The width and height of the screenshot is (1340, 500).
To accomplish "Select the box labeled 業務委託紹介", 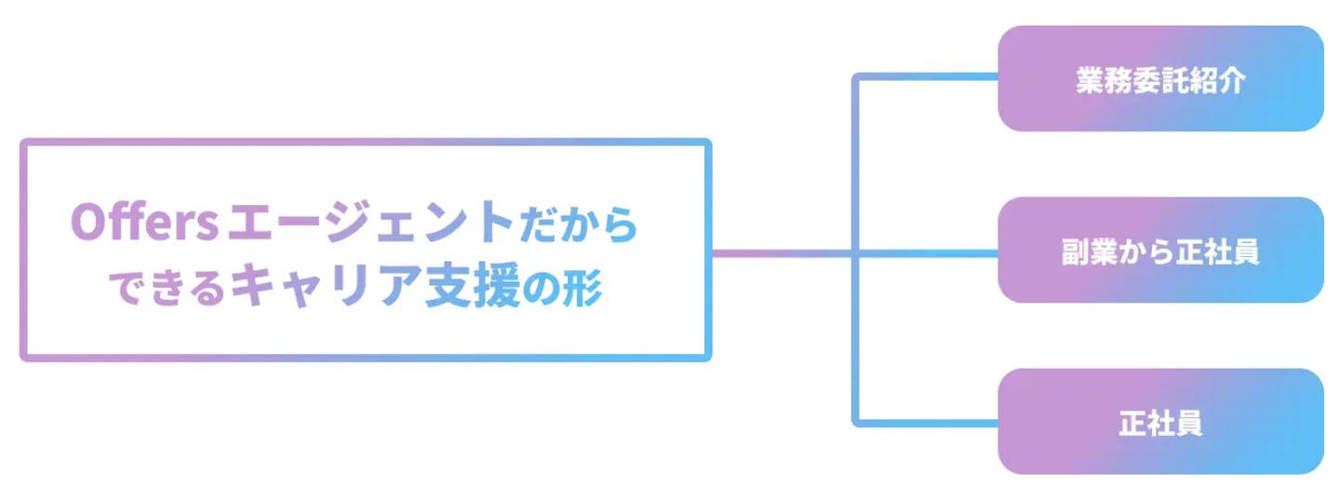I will (x=1160, y=78).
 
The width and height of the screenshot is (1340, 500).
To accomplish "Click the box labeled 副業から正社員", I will (x=1160, y=250).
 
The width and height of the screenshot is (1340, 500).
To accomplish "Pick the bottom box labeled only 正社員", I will (x=1160, y=422).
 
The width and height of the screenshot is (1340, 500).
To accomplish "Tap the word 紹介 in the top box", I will (x=1216, y=81).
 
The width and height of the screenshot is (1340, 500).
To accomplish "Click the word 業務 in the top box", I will (x=1105, y=81).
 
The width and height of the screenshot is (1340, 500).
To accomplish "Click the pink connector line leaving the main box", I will (x=782, y=251).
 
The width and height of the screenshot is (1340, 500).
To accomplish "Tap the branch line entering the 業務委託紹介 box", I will (x=931, y=76).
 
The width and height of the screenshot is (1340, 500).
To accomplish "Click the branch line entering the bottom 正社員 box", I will (x=931, y=424).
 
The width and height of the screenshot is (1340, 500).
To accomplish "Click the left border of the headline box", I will (x=22, y=250).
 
